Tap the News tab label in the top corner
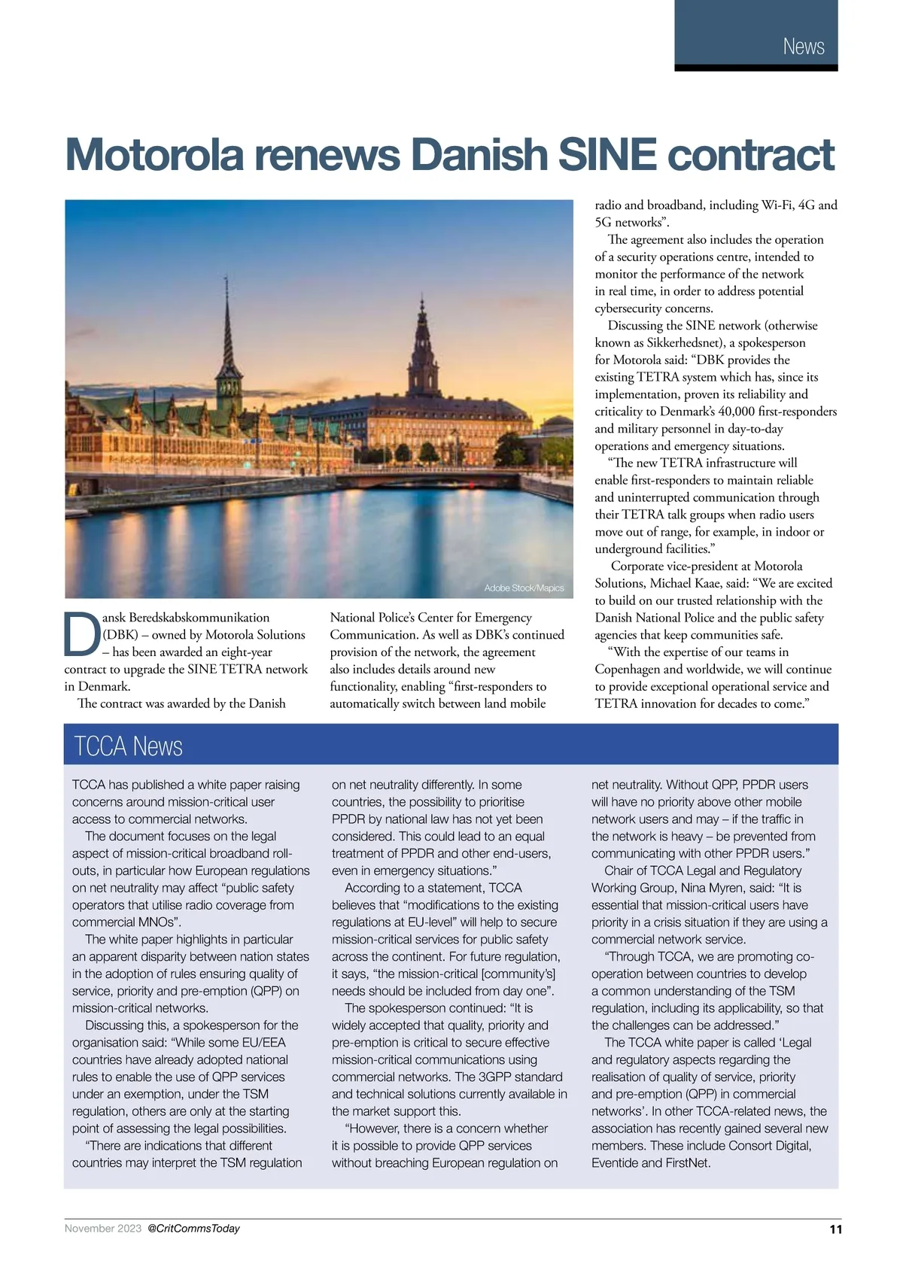click(x=803, y=47)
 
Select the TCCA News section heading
click(x=129, y=746)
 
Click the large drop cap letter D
click(x=82, y=635)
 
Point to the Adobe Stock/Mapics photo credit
click(x=524, y=588)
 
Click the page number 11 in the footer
click(x=835, y=1229)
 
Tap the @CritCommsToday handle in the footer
click(x=193, y=1229)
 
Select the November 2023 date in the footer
click(x=102, y=1229)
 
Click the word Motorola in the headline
click(x=154, y=154)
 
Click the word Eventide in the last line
click(x=616, y=1162)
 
